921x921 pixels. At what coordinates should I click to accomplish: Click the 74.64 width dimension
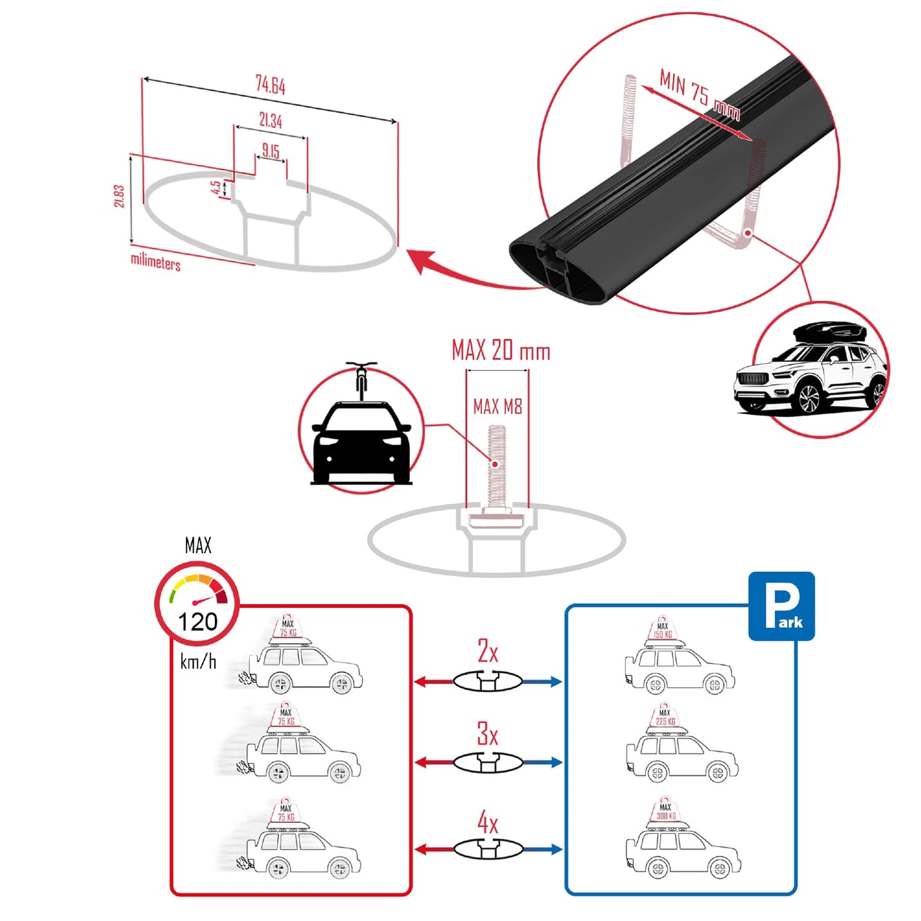tap(270, 85)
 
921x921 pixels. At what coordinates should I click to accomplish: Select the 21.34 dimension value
tap(270, 120)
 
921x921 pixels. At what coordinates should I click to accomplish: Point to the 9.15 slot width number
tap(271, 151)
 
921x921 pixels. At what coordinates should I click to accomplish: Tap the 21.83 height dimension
tap(119, 196)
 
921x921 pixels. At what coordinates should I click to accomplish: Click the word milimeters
tap(156, 261)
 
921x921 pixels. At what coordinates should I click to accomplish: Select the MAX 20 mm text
tap(500, 351)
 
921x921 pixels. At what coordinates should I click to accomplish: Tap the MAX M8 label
tap(497, 407)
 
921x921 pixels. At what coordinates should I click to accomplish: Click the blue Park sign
tap(781, 606)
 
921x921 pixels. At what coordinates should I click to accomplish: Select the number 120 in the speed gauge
tap(198, 621)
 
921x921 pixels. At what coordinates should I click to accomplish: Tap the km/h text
tap(198, 662)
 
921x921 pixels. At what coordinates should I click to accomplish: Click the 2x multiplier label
tap(488, 651)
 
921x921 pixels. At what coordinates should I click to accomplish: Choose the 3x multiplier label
tap(488, 734)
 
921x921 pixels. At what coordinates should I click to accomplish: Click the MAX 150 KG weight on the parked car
tap(663, 630)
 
